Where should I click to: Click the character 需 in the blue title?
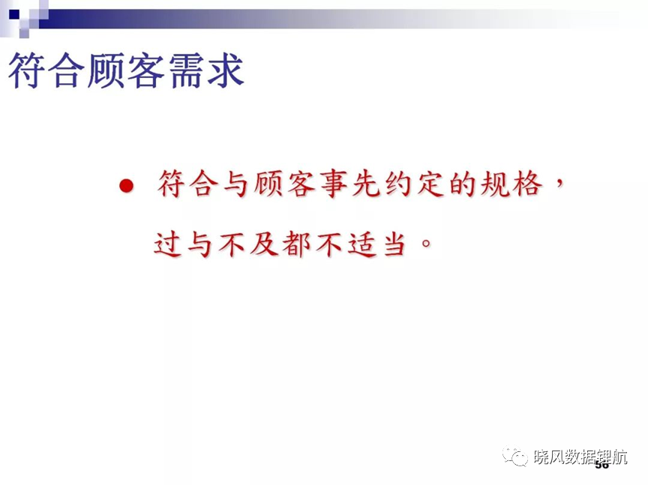click(187, 70)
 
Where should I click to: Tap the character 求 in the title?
click(226, 70)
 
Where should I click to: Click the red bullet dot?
click(127, 185)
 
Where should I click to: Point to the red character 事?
click(334, 184)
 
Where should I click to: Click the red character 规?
click(495, 184)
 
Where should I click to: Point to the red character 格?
click(527, 184)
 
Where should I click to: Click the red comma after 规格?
click(559, 184)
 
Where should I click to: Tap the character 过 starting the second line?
click(168, 244)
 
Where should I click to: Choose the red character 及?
click(264, 244)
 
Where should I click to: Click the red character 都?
click(297, 244)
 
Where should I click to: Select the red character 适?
click(362, 244)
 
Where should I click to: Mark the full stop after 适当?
click(426, 243)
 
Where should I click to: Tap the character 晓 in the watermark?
click(541, 457)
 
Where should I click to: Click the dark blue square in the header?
click(14, 15)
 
